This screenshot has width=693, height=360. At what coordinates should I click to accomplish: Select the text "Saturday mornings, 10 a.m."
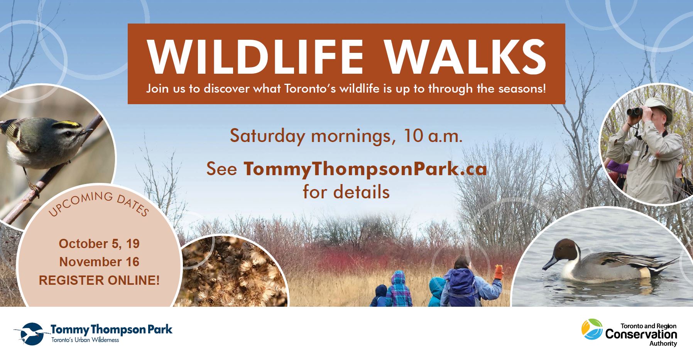tap(346, 136)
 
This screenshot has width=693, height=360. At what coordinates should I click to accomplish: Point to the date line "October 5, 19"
tap(99, 244)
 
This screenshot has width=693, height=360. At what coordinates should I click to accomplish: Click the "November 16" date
tap(99, 262)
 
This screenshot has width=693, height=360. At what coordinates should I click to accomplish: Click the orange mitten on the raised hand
tap(499, 272)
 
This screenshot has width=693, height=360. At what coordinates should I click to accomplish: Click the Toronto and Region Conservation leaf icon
tap(592, 329)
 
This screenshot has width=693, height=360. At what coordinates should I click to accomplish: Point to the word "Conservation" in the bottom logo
tap(641, 334)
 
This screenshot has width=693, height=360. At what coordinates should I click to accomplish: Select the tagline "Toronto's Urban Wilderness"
tap(85, 340)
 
